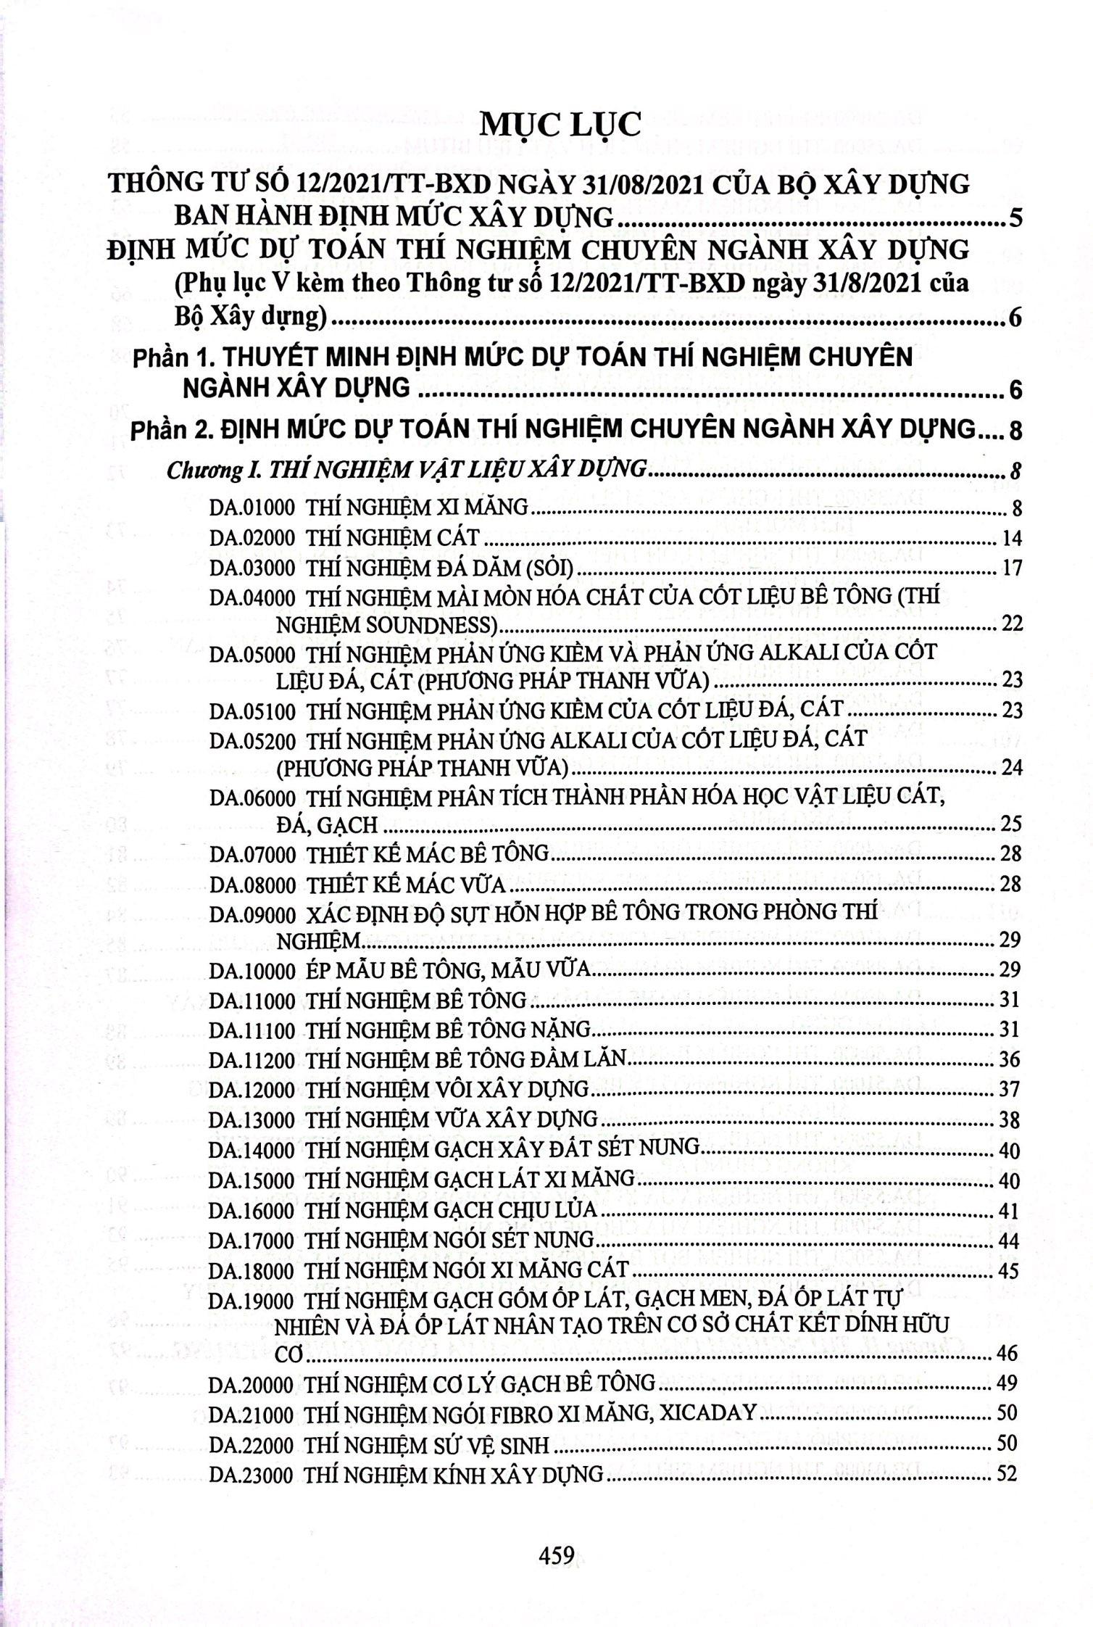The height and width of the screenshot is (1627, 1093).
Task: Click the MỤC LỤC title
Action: (561, 124)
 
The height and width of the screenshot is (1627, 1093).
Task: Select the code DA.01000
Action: (252, 508)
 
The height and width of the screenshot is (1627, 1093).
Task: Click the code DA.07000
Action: (252, 854)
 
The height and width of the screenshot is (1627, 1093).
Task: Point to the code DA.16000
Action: (252, 1210)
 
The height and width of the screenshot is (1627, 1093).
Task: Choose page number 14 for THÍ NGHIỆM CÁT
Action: (1008, 538)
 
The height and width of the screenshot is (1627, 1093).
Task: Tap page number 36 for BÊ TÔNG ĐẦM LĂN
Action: (1008, 1060)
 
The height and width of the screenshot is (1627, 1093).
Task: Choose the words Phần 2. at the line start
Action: (171, 430)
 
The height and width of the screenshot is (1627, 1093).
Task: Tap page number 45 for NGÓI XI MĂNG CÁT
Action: (1008, 1270)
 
